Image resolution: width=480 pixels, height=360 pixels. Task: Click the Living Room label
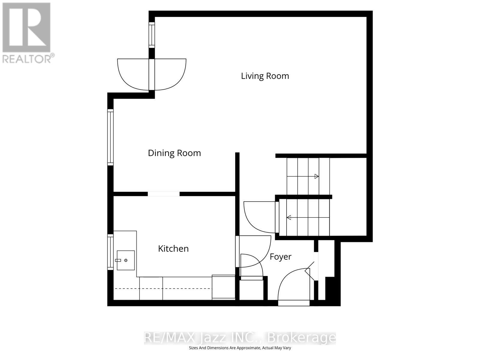(265, 76)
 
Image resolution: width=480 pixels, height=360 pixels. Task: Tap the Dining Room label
(174, 153)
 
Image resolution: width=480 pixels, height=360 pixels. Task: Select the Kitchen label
(173, 248)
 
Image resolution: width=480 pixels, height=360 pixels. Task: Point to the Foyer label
(280, 257)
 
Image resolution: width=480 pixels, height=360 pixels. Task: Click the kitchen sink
(125, 260)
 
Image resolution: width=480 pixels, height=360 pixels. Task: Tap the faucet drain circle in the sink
(126, 260)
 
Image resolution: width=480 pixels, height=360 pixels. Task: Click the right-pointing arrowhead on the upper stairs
(316, 176)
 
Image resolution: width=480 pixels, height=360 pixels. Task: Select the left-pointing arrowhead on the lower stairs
(289, 217)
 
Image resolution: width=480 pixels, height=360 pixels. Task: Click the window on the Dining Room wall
(110, 137)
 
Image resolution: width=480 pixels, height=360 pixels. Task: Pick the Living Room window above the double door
(152, 35)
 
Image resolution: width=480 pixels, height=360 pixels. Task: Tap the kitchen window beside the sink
(110, 252)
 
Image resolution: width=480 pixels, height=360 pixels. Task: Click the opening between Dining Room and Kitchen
(163, 194)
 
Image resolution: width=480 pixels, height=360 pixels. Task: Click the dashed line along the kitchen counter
(163, 289)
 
